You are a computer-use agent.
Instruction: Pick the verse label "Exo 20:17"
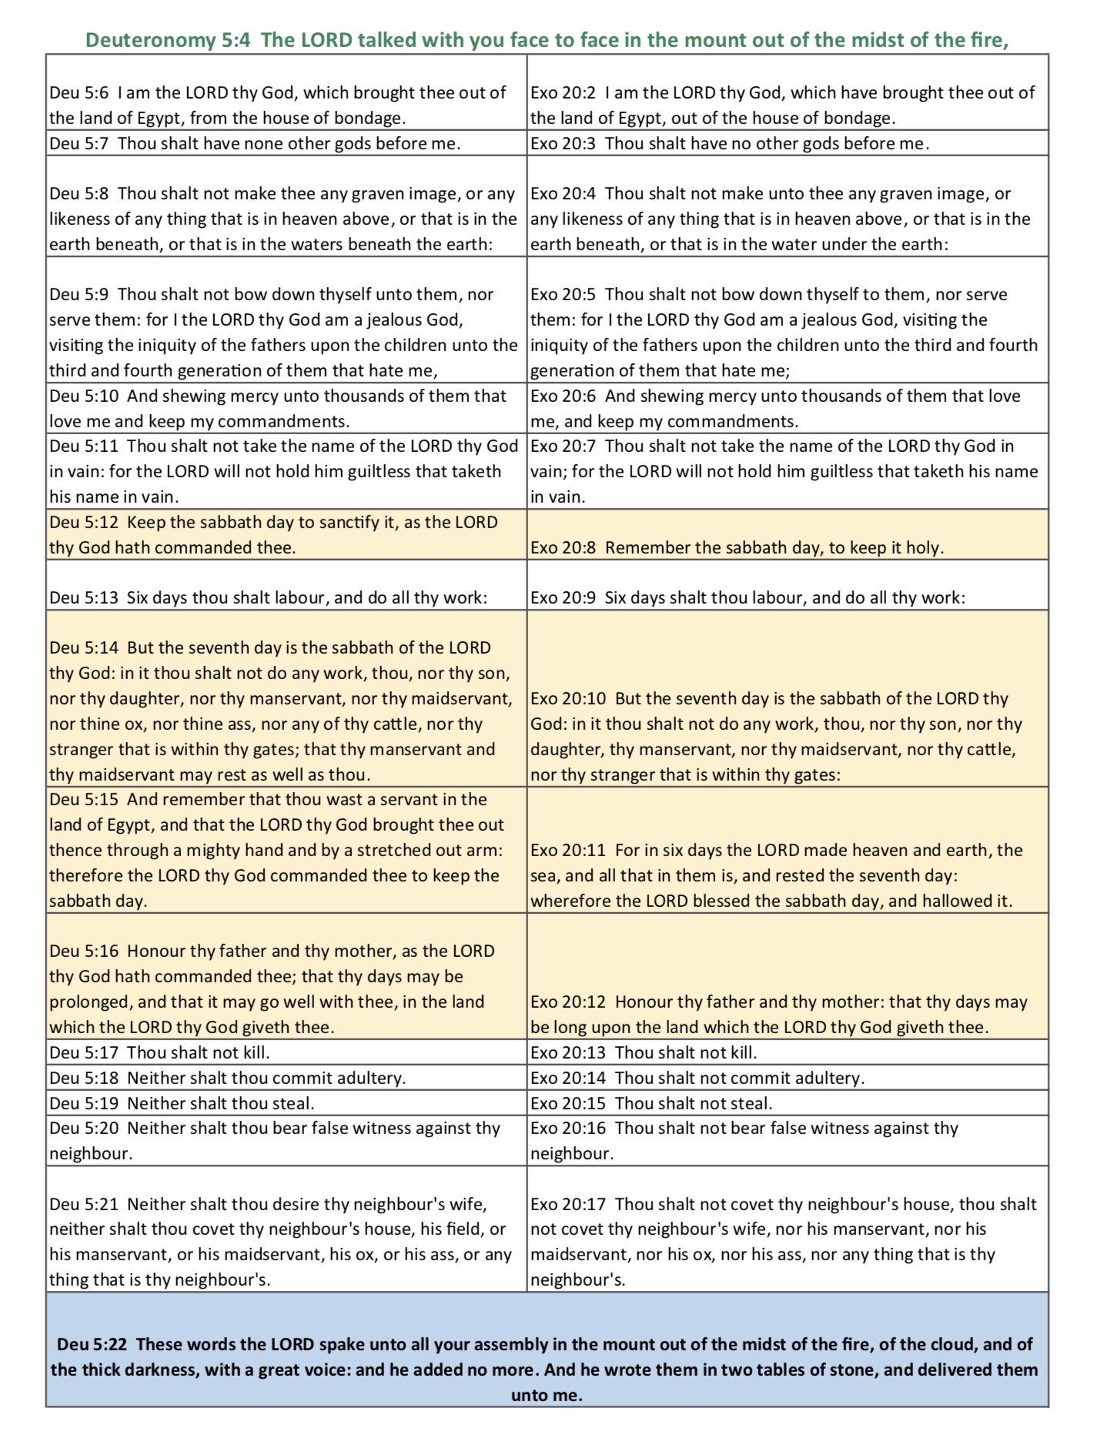tap(568, 1204)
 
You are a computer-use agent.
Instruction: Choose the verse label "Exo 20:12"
tap(568, 1002)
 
